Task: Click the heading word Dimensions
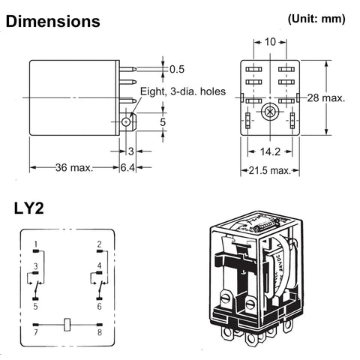click(x=52, y=22)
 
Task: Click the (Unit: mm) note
click(x=316, y=19)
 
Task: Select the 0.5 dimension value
click(x=177, y=69)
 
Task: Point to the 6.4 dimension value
click(x=130, y=167)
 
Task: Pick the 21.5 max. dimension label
click(x=269, y=170)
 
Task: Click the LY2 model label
click(x=28, y=208)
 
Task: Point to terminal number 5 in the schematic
click(x=35, y=306)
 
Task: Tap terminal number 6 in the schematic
click(x=99, y=306)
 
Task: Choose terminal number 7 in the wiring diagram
click(x=35, y=331)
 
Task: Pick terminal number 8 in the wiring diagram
click(x=99, y=331)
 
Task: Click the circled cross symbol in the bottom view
click(x=268, y=110)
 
